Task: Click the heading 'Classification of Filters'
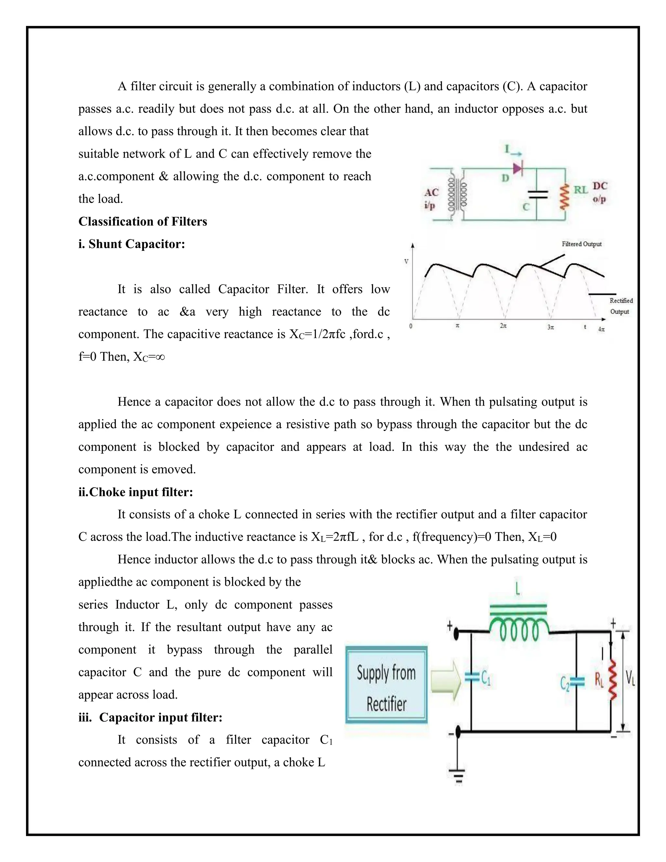142,222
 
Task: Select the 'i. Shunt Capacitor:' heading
131,244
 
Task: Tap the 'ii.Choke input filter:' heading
135,492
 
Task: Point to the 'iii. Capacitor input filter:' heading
150,717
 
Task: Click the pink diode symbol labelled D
517,168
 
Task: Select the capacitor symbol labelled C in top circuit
537,194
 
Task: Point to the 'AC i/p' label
431,198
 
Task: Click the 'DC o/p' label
600,192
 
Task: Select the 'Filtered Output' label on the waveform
581,244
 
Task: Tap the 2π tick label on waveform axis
503,326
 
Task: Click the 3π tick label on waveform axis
551,327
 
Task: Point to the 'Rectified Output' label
620,306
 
